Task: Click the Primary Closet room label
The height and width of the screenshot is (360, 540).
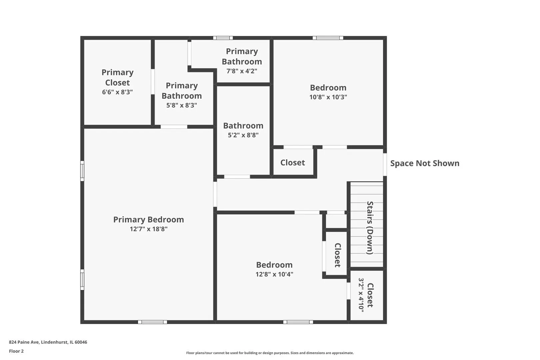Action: tap(117, 77)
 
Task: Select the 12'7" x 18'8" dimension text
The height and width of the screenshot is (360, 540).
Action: tap(149, 229)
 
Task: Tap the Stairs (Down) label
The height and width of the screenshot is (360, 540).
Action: tap(370, 228)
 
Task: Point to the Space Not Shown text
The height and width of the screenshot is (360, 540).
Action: tap(425, 163)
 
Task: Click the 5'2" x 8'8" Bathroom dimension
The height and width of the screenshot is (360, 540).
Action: tap(243, 135)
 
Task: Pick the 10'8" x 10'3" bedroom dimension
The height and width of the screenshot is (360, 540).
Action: tap(328, 97)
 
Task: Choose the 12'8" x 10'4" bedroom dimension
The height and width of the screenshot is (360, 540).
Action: tap(274, 274)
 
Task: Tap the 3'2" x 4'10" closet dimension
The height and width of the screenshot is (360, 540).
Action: tap(361, 295)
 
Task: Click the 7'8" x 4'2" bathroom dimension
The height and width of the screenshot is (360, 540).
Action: tap(242, 71)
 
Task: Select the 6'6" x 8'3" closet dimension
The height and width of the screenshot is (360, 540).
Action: tap(117, 92)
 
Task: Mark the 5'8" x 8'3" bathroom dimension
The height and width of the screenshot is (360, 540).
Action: tap(182, 105)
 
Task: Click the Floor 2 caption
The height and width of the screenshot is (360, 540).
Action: tap(16, 351)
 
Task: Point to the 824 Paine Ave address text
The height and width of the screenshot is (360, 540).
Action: tap(48, 342)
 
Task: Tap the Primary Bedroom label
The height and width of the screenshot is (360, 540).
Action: tap(149, 219)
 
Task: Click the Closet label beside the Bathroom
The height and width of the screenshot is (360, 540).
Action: tap(293, 163)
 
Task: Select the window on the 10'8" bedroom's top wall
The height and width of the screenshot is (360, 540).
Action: tap(328, 38)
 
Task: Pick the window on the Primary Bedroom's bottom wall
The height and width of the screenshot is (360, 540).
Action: tap(152, 322)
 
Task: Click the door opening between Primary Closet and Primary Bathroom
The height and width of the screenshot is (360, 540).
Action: tap(153, 82)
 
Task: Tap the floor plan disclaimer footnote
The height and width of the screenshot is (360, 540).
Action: tap(270, 353)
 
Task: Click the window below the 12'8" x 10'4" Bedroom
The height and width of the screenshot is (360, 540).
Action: tap(298, 322)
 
